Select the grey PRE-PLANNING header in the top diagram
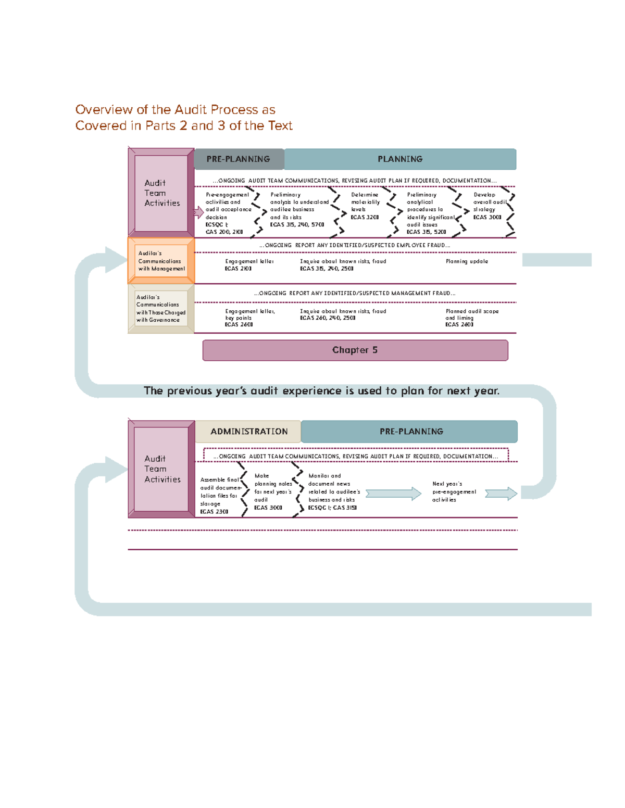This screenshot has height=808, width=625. [x=239, y=159]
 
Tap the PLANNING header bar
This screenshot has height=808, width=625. [x=400, y=159]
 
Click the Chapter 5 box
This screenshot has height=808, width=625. [x=355, y=350]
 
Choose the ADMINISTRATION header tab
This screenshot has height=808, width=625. [x=248, y=432]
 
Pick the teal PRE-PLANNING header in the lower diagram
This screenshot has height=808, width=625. [x=411, y=432]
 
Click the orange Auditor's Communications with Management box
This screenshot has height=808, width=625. [x=161, y=261]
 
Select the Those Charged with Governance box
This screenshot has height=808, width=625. [x=161, y=309]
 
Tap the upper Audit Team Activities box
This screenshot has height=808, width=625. [x=161, y=193]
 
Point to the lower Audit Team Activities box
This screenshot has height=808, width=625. [x=161, y=469]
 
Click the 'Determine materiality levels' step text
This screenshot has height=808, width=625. [x=365, y=206]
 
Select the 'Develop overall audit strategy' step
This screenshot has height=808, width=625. [x=489, y=206]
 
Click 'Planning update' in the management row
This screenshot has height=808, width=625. [x=467, y=261]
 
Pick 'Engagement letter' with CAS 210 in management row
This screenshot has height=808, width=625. [x=248, y=264]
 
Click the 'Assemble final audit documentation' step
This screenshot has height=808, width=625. [x=219, y=496]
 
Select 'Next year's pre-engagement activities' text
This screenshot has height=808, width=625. [x=454, y=491]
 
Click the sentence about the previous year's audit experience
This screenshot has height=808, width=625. [x=321, y=391]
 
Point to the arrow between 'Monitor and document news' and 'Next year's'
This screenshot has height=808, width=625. [x=393, y=494]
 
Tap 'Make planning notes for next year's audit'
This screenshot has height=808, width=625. [x=272, y=491]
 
